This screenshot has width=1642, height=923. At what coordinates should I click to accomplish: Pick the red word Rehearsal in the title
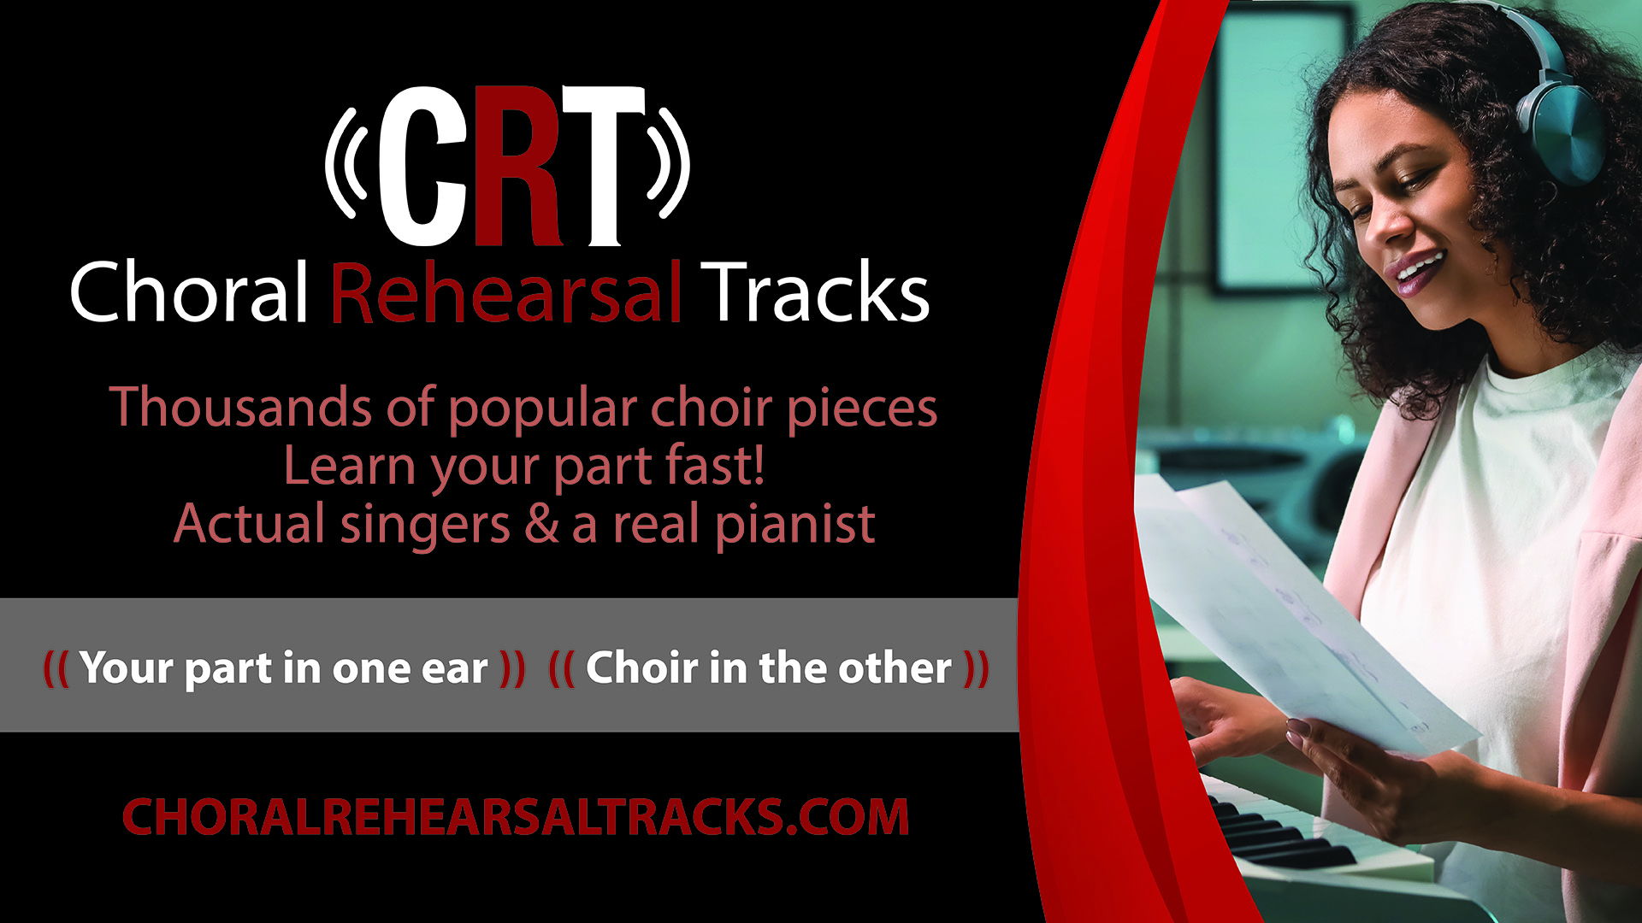pos(505,292)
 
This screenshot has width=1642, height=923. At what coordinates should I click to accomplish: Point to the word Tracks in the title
pos(818,292)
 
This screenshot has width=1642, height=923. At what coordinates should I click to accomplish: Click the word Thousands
pos(240,407)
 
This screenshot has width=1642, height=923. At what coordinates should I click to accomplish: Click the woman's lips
pos(1415,272)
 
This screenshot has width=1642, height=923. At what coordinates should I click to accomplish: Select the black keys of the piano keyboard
pos(1266,833)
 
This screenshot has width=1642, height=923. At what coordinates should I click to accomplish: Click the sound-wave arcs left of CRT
pos(346,162)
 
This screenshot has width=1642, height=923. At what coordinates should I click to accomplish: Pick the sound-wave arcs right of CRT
pos(669,162)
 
